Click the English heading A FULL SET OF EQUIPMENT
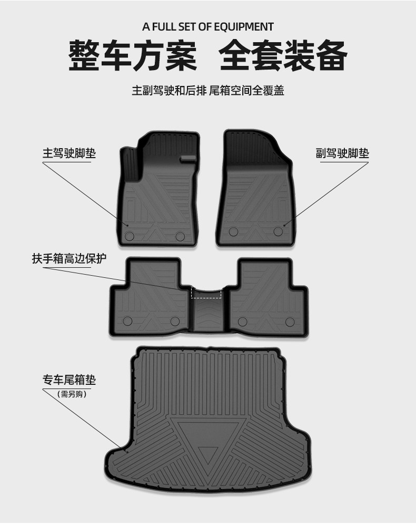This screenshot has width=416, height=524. point(208,26)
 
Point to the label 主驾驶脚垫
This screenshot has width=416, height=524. point(69,153)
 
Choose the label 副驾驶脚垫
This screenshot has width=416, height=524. point(342,153)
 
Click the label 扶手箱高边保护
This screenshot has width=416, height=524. point(69,259)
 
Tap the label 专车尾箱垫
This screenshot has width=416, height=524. point(69,380)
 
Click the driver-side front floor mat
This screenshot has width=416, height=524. point(158,195)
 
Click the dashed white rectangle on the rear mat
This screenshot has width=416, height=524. point(206,293)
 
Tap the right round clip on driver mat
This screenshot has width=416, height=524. point(180,235)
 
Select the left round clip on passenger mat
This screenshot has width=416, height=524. point(234,231)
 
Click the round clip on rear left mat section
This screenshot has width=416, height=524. point(127,321)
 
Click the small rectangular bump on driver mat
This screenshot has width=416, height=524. point(187,159)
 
